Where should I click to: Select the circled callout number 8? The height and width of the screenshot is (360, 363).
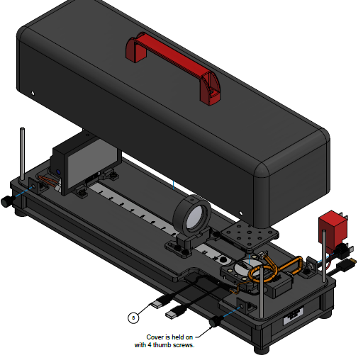[x=133, y=317]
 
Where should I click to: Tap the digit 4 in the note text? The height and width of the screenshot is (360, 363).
[x=150, y=345]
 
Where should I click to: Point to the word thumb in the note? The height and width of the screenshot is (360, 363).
[x=162, y=345]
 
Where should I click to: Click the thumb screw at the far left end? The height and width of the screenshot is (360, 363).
[x=6, y=201]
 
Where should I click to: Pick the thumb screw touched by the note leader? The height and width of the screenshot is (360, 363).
[x=216, y=321]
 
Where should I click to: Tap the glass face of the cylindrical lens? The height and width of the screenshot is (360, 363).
[x=195, y=216]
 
